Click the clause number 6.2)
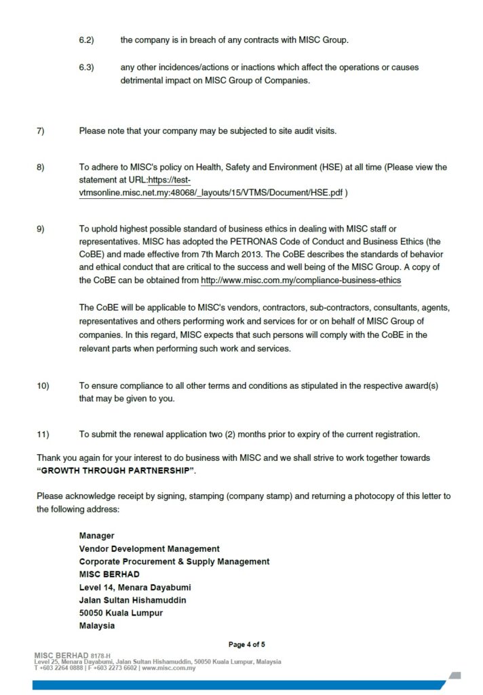[86, 40]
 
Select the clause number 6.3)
[86, 67]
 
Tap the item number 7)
[41, 130]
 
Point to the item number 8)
[41, 167]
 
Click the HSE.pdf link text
[211, 193]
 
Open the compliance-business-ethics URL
[301, 280]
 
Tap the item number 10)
[43, 386]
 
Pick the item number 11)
[43, 434]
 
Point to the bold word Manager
[96, 536]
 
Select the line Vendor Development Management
[149, 548]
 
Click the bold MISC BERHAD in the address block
[109, 574]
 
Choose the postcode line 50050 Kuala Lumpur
[121, 613]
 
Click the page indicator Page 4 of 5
[247, 644]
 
